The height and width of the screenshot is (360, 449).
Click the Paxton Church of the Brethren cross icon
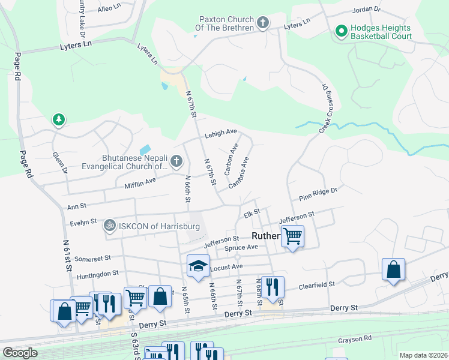click(x=262, y=23)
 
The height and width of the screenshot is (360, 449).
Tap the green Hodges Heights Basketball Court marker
click(x=341, y=30)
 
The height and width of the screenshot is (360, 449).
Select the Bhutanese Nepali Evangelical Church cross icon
click(x=176, y=161)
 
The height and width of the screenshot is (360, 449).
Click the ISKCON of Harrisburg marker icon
click(x=109, y=226)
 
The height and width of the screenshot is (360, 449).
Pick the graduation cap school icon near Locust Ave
click(x=198, y=266)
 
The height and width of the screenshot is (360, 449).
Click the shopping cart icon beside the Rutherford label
click(x=292, y=236)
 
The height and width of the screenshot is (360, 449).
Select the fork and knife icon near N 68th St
click(x=273, y=287)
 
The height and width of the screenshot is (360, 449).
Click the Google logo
click(x=20, y=353)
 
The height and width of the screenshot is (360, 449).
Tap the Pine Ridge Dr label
click(x=319, y=194)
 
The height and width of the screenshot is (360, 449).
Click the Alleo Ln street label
click(x=109, y=8)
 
